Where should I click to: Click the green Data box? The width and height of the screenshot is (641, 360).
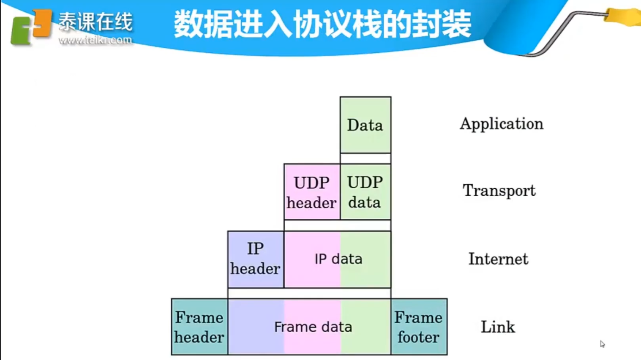pos(365,125)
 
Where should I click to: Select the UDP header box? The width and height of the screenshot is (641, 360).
pos(312,192)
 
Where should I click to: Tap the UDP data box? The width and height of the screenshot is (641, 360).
pos(365,192)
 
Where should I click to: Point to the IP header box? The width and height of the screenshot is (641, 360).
pos(256,259)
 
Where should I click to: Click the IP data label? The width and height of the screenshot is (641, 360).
pos(338,259)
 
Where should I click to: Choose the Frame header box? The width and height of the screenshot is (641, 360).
pos(199,327)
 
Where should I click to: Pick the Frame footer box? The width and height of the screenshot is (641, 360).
pos(419,327)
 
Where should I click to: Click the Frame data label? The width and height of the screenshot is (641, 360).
pos(313,327)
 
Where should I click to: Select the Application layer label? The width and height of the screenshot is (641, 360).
pos(502,124)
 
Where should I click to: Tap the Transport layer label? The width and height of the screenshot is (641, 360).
pos(499,191)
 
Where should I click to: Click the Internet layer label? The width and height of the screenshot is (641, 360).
pos(498,259)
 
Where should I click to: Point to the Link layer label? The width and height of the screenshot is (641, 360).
pos(498,327)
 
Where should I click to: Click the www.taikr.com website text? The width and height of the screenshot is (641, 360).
pos(95,40)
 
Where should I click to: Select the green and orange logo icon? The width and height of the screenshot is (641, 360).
pos(30,27)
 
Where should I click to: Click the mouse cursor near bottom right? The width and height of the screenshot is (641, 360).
pos(602,344)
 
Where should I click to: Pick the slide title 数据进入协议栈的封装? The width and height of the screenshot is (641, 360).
pos(322,24)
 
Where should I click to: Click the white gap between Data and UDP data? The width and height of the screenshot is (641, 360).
pos(365,158)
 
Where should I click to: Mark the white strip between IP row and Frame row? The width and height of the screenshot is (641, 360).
pos(309,293)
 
